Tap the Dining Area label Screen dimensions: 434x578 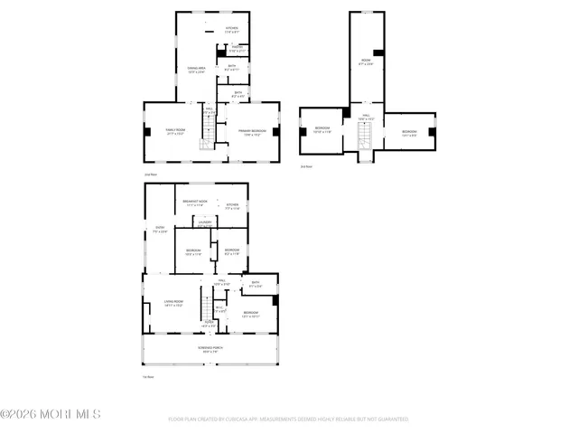(196, 70)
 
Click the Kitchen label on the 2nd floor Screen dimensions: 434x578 (232, 30)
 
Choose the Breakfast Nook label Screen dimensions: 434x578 (196, 203)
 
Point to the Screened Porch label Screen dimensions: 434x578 (211, 351)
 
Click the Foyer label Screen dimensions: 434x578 (208, 324)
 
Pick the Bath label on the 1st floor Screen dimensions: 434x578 (256, 285)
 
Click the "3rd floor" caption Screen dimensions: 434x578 (307, 166)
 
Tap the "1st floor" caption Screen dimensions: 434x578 (146, 376)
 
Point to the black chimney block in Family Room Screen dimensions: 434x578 (147, 131)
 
